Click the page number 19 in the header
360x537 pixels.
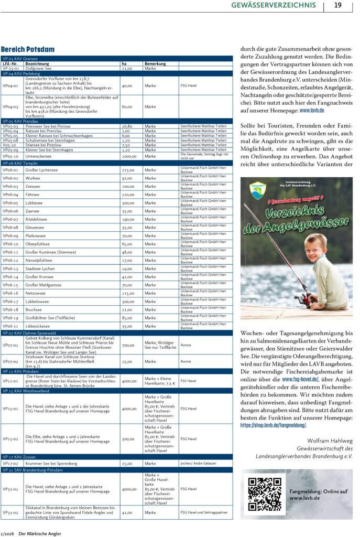337,5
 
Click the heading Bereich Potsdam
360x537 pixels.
28,49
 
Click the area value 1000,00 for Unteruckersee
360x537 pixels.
128,156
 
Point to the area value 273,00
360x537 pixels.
128,170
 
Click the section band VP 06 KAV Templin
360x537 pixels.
117,163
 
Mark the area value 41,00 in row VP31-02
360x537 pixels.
127,512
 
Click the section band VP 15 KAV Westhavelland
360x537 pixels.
117,391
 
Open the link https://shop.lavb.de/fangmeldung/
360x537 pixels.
273,425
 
